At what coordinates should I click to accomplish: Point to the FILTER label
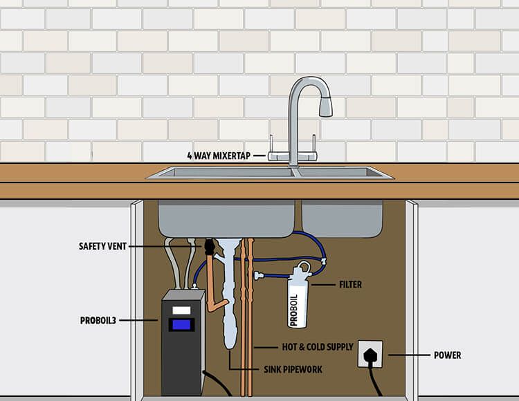click(x=350, y=284)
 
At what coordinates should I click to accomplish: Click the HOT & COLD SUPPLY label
click(x=308, y=346)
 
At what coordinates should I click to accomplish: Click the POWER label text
click(x=448, y=355)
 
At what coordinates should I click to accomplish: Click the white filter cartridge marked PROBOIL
click(x=298, y=301)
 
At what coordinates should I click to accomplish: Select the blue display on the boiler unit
click(x=182, y=324)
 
